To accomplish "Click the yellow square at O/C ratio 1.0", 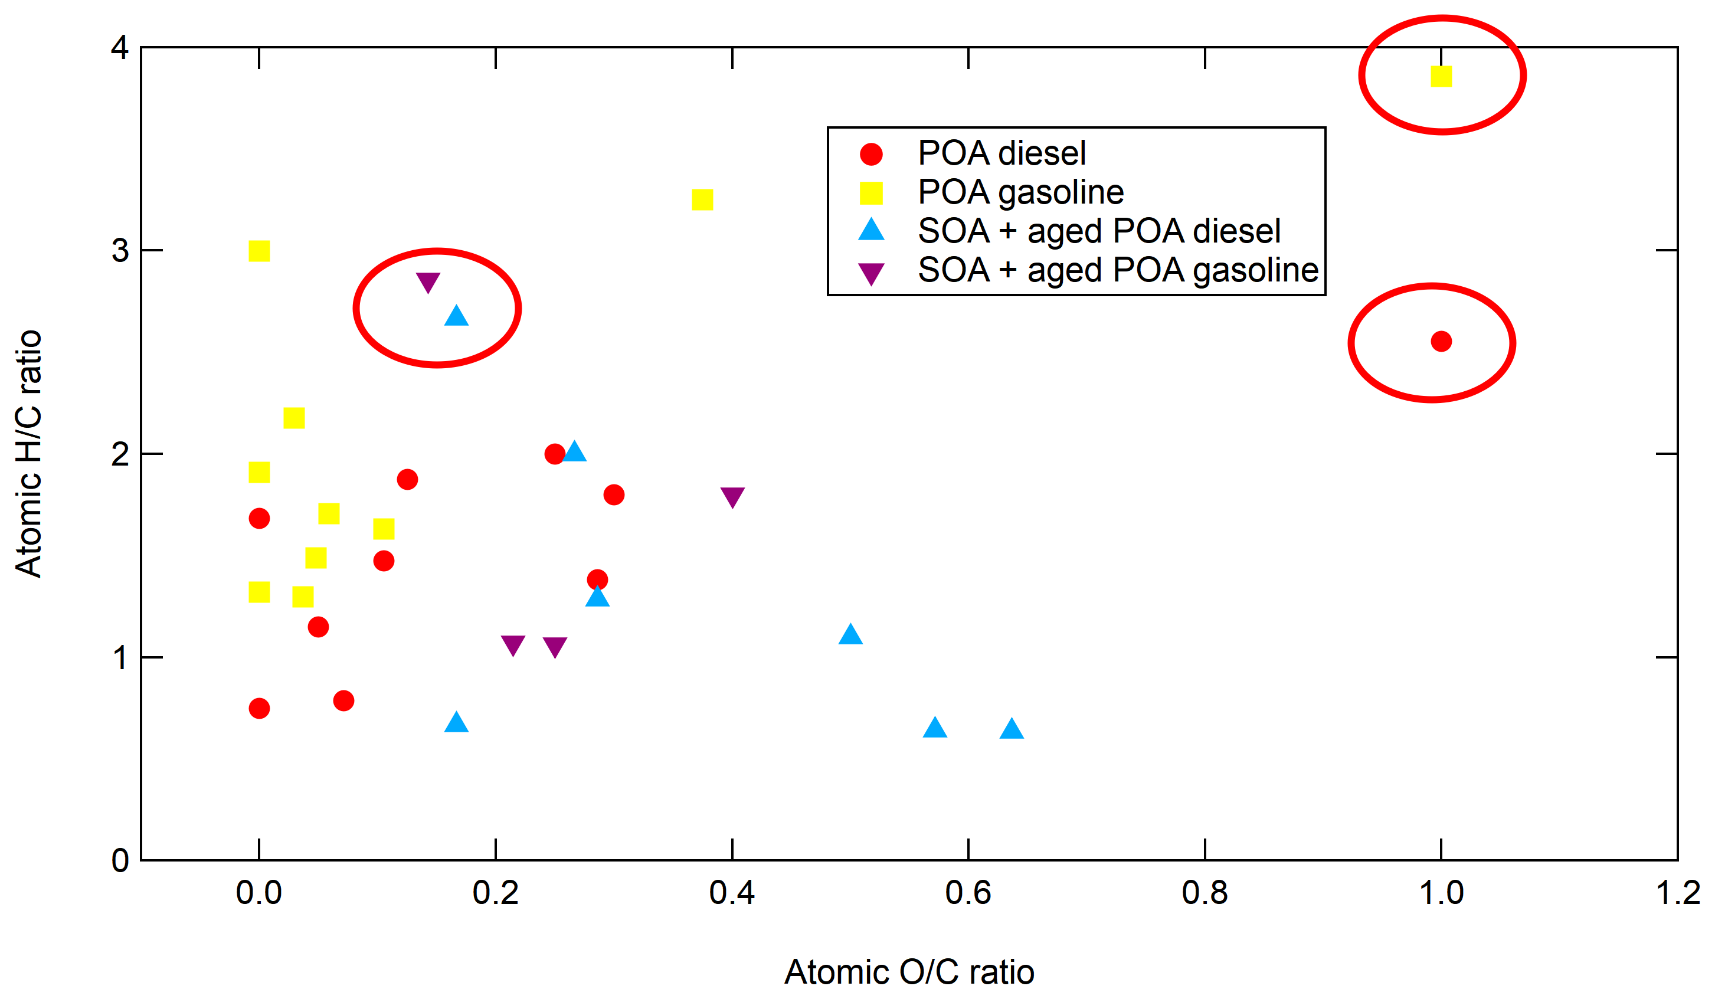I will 1441,76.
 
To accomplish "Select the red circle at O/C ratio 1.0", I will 1441,341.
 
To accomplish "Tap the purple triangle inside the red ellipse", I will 428,281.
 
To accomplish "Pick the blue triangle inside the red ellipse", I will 456,316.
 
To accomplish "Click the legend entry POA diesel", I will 1001,153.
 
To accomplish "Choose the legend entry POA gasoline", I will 1020,192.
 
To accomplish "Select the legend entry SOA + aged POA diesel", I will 1098,231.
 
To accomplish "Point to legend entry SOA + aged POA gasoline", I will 1118,270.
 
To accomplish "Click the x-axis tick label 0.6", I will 968,892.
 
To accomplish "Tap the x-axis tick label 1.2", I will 1677,892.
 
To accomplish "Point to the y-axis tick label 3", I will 120,250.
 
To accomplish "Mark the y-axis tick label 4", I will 120,48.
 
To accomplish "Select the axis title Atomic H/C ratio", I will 28,454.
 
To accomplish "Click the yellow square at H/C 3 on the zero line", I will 259,251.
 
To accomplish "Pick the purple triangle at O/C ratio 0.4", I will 732,496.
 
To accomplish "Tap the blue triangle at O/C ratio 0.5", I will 850,635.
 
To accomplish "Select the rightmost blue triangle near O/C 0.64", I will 1012,729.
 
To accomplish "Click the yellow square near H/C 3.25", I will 702,199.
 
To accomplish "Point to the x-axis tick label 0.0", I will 258,892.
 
